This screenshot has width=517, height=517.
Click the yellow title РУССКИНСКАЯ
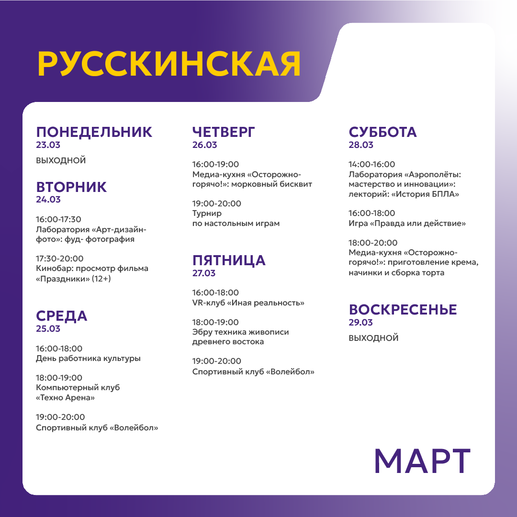[169, 64]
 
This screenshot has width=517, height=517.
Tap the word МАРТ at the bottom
[422, 461]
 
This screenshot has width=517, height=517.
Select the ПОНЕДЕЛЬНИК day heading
[94, 132]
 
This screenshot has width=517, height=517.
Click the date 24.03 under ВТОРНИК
[48, 200]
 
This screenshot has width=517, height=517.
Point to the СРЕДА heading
[62, 316]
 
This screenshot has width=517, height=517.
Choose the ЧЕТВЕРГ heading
[224, 132]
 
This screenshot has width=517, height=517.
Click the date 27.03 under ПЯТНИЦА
[204, 273]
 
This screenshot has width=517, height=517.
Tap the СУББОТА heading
[382, 132]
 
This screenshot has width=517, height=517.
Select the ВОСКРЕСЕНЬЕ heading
[403, 309]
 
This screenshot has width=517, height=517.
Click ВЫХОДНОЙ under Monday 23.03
[61, 160]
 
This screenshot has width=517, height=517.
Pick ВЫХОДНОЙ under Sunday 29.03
[373, 338]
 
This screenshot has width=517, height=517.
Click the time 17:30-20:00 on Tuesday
[60, 258]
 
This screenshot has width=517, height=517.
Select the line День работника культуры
[88, 358]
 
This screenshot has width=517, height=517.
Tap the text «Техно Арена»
[65, 397]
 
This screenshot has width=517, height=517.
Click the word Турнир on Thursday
[207, 214]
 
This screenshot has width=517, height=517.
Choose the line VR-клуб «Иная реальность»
[248, 303]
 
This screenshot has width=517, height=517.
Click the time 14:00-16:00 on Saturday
[372, 164]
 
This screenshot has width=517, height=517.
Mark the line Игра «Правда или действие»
[407, 223]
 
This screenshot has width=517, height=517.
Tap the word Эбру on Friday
[203, 332]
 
